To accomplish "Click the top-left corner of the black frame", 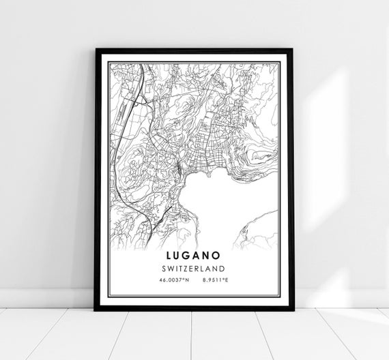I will point(96,50).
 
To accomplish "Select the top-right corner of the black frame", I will point(291,50).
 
